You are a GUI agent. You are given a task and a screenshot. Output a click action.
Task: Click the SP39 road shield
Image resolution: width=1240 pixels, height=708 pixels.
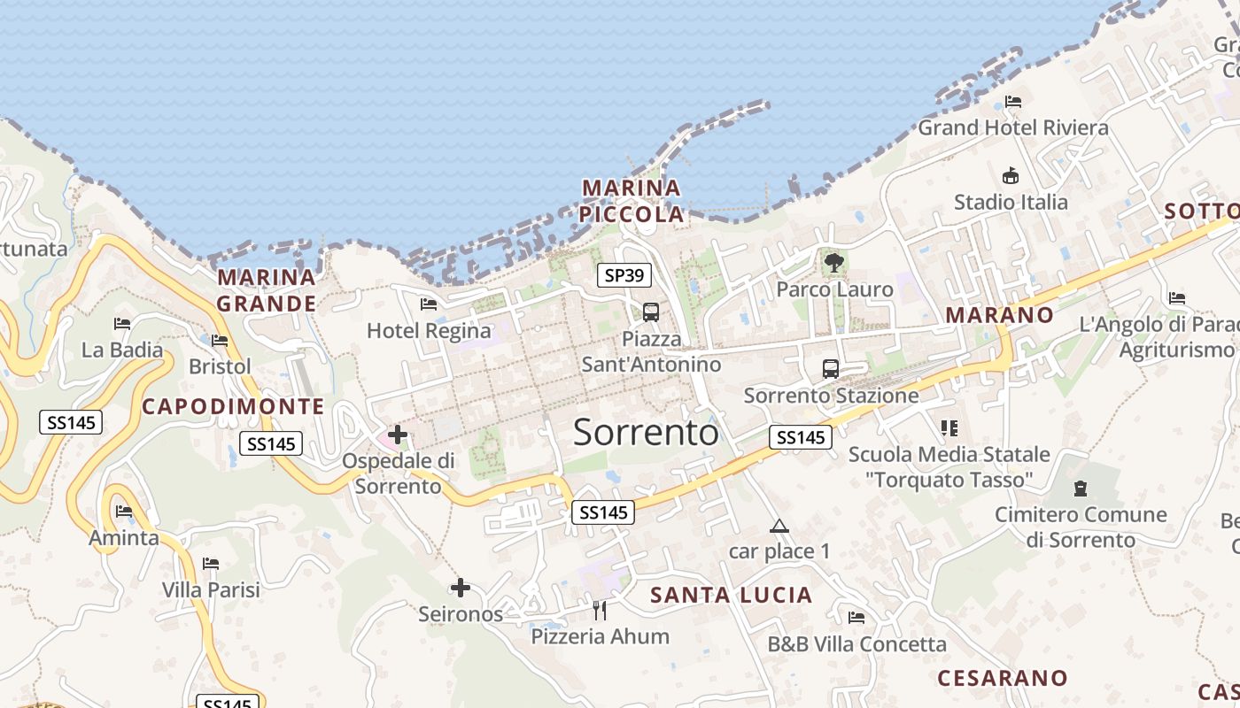point(624,275)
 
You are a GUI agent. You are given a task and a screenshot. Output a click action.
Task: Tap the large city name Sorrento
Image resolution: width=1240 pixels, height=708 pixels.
point(646,432)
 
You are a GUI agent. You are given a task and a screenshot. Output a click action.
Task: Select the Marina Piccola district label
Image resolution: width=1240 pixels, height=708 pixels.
point(632,201)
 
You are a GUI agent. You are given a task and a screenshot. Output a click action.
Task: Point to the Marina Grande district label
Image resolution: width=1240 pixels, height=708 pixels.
point(267,290)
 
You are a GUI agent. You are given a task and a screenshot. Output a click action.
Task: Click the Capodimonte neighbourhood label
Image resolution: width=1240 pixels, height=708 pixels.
point(233,406)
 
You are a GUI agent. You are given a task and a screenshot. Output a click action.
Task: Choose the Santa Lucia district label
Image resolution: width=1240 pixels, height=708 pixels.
point(732,595)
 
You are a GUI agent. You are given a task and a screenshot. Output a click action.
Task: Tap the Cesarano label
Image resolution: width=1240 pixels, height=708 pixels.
point(1003,678)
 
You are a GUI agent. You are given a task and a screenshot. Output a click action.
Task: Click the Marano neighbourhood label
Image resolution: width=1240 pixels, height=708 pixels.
point(1000,315)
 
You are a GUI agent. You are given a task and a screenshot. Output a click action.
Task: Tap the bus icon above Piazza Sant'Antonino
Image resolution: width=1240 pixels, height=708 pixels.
point(651,312)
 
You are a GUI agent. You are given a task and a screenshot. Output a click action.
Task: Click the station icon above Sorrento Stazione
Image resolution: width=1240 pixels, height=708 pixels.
point(830,368)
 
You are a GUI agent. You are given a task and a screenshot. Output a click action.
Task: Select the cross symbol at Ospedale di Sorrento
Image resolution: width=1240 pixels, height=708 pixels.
point(398,435)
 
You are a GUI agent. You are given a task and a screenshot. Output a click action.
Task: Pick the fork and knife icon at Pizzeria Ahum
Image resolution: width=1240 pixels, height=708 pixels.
point(600,610)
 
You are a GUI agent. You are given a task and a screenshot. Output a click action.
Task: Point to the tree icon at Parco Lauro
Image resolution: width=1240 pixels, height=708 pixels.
point(833,262)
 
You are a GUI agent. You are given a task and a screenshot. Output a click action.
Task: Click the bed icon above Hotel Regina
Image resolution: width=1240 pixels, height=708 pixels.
point(429,304)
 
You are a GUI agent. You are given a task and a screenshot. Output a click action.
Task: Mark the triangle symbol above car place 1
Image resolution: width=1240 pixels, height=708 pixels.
point(779,526)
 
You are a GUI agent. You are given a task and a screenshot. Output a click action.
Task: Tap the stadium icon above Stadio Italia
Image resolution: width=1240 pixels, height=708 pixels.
point(1010,175)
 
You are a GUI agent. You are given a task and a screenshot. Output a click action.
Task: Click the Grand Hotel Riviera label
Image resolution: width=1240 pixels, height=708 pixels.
point(1012,127)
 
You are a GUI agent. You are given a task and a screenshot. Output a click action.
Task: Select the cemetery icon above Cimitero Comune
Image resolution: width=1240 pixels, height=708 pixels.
point(1080,488)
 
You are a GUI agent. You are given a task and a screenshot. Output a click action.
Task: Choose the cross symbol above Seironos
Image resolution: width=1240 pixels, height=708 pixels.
point(460,587)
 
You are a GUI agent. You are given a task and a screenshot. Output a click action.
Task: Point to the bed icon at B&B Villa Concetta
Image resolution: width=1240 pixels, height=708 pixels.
point(856,618)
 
